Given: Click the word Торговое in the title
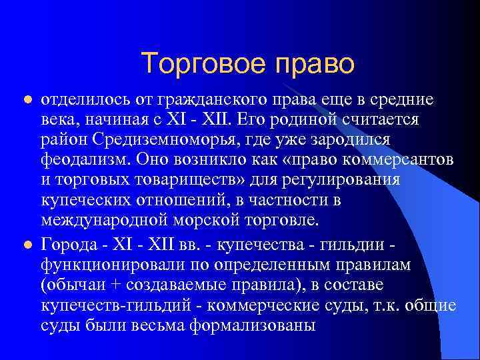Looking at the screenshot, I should click(x=193, y=64).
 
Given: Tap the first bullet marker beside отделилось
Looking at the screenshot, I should click(x=27, y=101).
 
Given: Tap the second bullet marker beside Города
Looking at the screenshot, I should click(x=27, y=245).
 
